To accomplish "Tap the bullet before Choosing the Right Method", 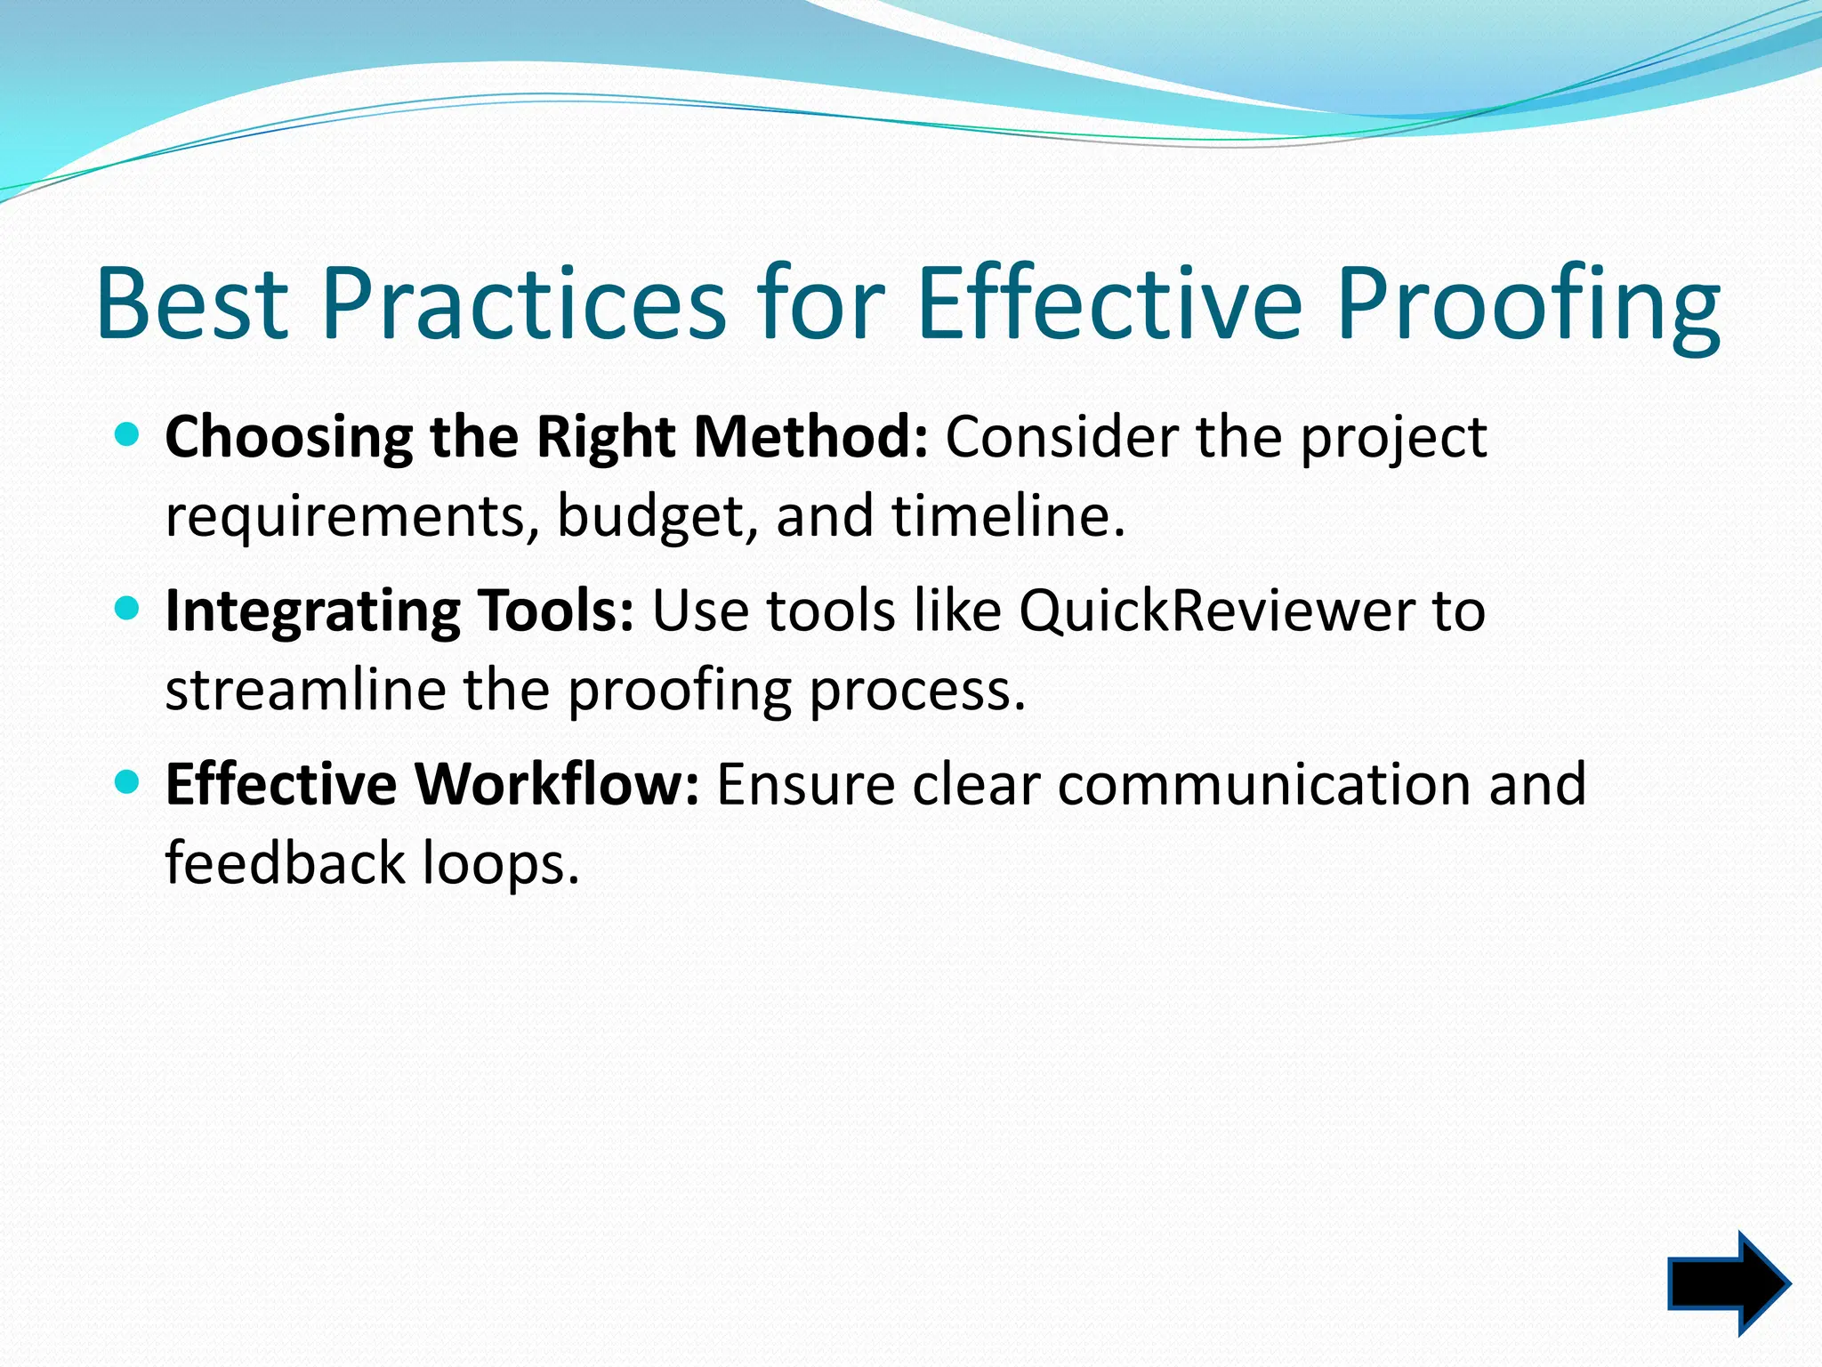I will [128, 435].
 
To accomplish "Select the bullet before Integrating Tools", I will [128, 609].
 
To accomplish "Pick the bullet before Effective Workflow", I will [128, 782].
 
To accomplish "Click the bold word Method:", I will [810, 437].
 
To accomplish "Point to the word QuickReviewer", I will [1216, 611].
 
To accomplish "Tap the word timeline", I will [1008, 515].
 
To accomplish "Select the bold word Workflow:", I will [559, 784].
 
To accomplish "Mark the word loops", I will [500, 864].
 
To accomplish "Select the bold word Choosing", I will [288, 439].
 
